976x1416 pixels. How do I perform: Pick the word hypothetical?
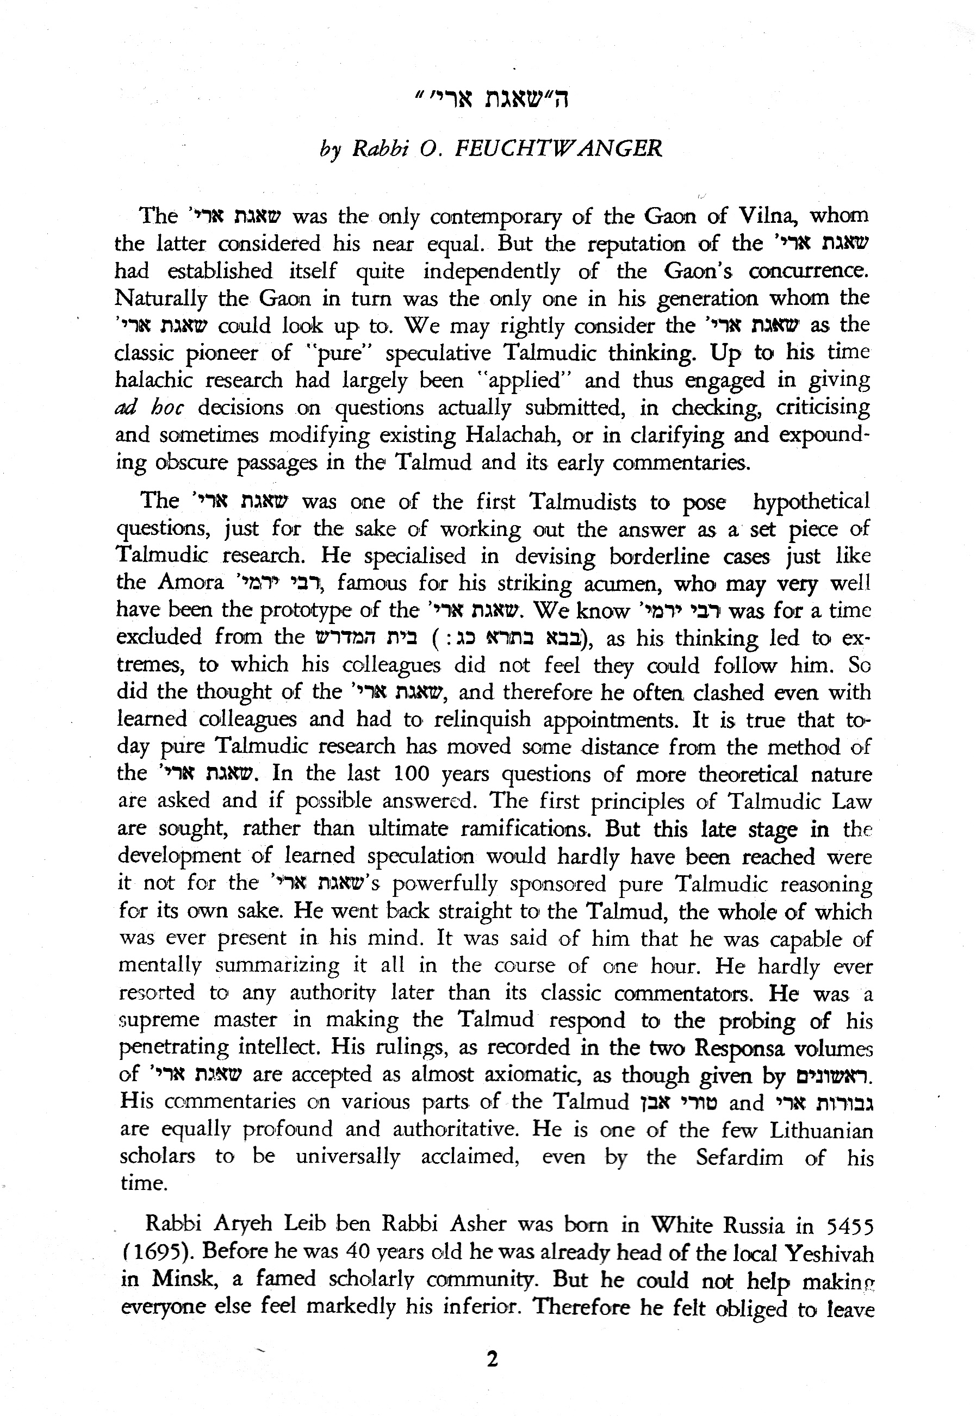[x=811, y=502]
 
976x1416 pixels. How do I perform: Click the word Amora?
[x=190, y=583]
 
